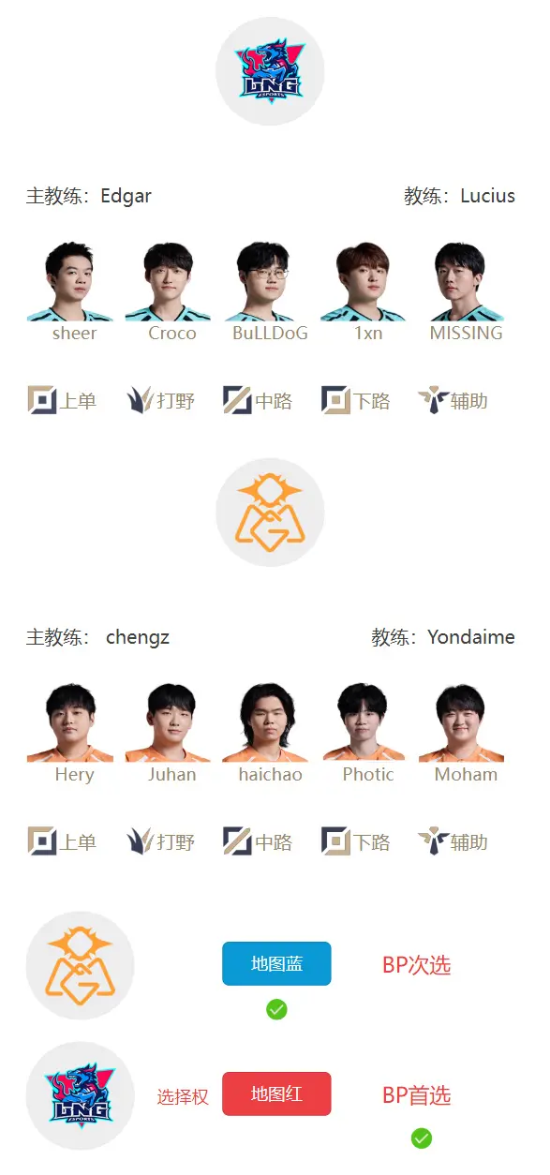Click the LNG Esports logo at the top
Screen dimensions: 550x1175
click(270, 71)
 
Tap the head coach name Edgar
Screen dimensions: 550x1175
click(126, 196)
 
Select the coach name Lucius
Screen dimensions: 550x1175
click(487, 196)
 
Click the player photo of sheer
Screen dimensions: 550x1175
click(70, 281)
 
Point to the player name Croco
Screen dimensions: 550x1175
click(172, 333)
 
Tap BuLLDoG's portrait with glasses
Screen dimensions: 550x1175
click(264, 281)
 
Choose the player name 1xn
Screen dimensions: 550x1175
click(368, 333)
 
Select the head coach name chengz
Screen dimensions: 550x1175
click(138, 638)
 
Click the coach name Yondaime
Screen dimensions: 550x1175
click(471, 637)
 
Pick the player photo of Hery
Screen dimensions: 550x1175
click(70, 722)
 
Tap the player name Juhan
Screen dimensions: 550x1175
click(172, 774)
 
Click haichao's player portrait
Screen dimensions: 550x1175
click(266, 722)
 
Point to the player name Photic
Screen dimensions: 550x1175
click(368, 774)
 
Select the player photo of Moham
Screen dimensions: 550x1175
click(461, 722)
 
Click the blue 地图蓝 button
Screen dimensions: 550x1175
click(276, 963)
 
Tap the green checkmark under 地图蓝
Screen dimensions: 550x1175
click(276, 1009)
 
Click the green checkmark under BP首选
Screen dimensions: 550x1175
click(421, 1138)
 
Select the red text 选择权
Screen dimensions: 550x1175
click(183, 1096)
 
